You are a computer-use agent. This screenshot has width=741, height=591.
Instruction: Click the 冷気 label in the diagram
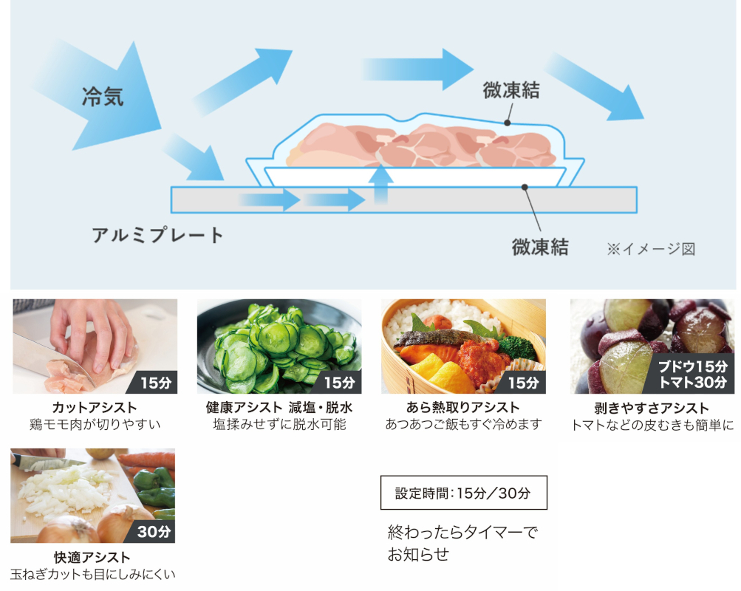pyautogui.click(x=103, y=97)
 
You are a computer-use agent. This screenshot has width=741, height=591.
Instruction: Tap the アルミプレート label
pyautogui.click(x=157, y=236)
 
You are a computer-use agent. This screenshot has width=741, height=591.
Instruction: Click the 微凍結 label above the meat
pyautogui.click(x=510, y=91)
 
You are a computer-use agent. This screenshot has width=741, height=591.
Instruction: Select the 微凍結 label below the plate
pyautogui.click(x=540, y=247)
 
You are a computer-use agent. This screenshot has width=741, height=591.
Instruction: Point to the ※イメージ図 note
pyautogui.click(x=651, y=249)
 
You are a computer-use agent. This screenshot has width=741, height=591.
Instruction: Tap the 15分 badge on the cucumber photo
pyautogui.click(x=340, y=382)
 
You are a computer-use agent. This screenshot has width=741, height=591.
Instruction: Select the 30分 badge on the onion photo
pyautogui.click(x=154, y=531)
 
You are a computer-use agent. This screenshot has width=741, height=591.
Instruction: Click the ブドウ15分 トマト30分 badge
pyautogui.click(x=693, y=374)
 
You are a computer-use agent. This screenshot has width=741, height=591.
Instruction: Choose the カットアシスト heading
pyautogui.click(x=95, y=408)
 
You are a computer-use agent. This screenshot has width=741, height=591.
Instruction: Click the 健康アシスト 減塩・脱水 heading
pyautogui.click(x=279, y=408)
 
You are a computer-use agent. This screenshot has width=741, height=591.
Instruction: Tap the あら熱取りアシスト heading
pyautogui.click(x=463, y=408)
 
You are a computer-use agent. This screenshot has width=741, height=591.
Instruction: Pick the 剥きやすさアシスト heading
pyautogui.click(x=652, y=408)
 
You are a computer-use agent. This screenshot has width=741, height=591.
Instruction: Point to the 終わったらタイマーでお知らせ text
pyautogui.click(x=463, y=543)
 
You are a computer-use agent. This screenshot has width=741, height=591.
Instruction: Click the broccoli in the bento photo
pyautogui.click(x=514, y=346)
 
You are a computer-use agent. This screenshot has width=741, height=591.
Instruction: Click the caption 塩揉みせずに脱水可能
pyautogui.click(x=279, y=425)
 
